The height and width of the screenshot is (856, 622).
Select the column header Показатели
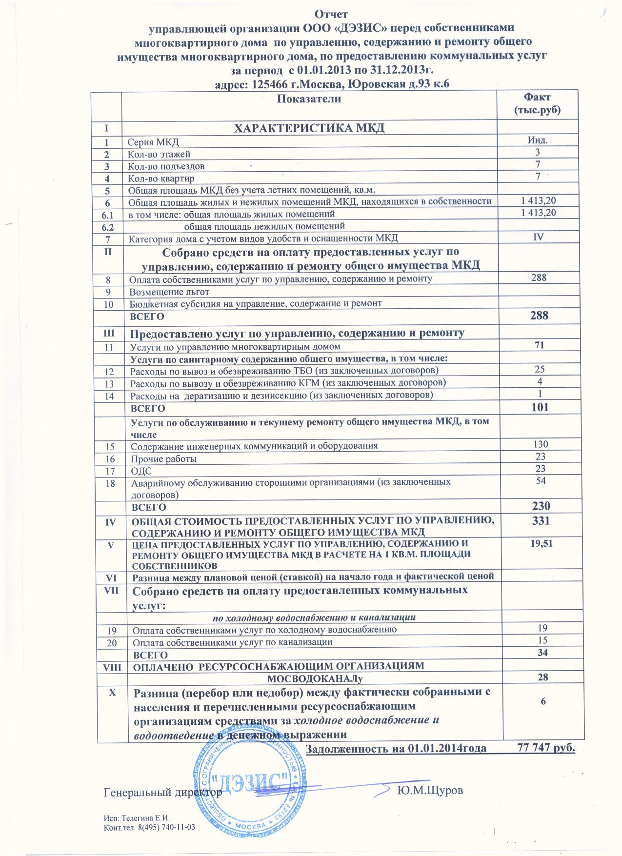[x=309, y=99]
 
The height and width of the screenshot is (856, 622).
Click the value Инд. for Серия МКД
[x=538, y=140]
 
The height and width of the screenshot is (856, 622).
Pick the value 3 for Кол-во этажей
[x=538, y=153]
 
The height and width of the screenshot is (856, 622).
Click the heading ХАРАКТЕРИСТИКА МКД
[x=310, y=128]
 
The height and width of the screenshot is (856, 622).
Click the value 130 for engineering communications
[x=541, y=444]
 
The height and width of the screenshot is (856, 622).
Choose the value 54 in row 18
[x=540, y=481]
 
